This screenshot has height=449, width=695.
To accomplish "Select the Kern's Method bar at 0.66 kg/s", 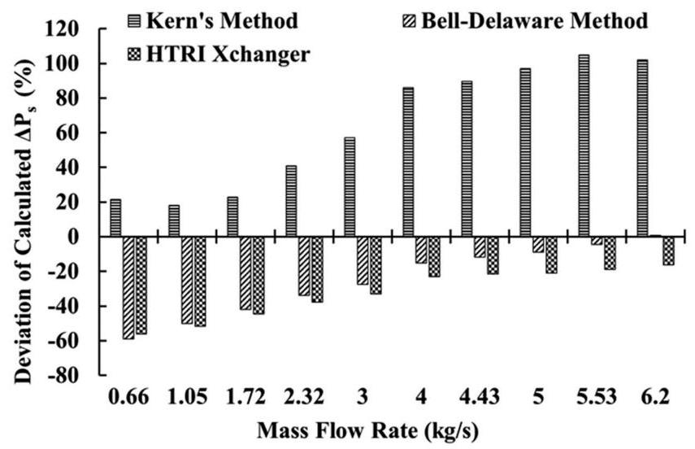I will [x=115, y=218].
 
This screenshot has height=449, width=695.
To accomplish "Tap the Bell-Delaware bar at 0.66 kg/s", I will [x=128, y=287].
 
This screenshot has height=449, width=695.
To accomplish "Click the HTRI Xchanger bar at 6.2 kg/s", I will [x=668, y=251].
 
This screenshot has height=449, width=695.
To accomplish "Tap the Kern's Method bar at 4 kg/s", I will [x=408, y=162].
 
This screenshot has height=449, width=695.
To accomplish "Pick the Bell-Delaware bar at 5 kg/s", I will [x=538, y=245].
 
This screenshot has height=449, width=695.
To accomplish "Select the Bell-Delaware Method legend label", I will [x=535, y=20].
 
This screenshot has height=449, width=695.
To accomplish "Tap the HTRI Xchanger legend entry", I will [x=216, y=53].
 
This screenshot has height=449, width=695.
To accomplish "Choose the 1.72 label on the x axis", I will [x=245, y=398].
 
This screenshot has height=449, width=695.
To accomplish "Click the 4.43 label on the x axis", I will [x=480, y=398].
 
